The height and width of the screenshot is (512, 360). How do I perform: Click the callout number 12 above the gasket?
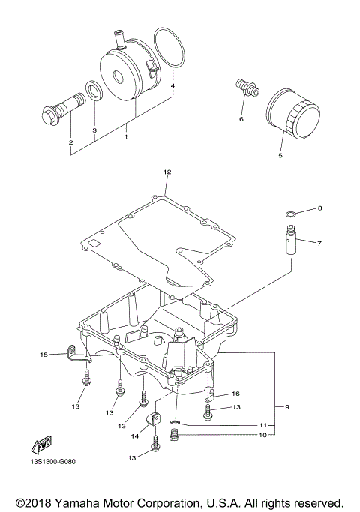[x=167, y=172]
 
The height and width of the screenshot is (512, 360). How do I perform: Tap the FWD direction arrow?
[x=41, y=445]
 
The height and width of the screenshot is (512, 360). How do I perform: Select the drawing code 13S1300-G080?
[x=51, y=462]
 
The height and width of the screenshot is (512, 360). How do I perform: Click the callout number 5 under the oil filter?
[x=280, y=155]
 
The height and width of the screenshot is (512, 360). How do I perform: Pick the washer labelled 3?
[x=94, y=91]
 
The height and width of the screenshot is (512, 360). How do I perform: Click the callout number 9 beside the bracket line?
[x=287, y=407]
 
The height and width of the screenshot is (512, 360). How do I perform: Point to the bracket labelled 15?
[x=79, y=355]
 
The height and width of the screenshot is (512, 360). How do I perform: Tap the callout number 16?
[x=235, y=394]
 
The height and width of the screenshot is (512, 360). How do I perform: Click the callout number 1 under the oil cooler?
[x=126, y=137]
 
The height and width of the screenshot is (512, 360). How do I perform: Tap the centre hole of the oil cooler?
[x=118, y=76]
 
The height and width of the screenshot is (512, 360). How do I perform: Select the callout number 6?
[x=241, y=119]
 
